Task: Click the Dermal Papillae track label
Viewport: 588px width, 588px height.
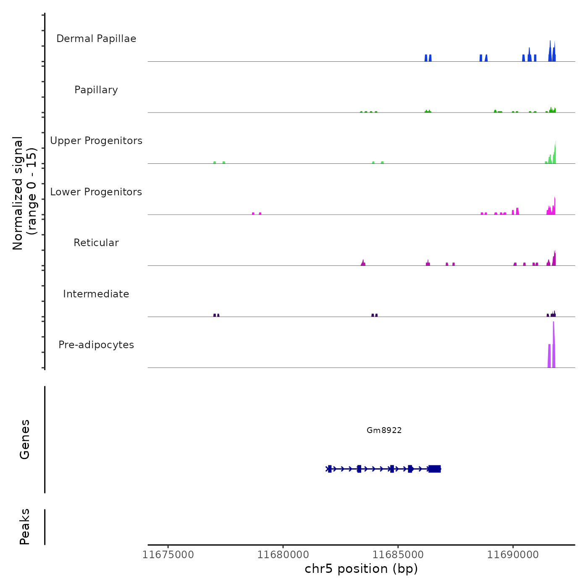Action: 96,39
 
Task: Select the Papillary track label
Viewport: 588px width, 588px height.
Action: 96,90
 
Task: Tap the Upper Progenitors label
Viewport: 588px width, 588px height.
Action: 96,141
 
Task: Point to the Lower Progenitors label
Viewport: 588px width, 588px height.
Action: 96,192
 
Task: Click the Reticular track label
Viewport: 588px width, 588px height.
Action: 96,243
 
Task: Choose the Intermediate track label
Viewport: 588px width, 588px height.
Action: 96,294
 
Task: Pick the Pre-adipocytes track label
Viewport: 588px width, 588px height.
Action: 96,345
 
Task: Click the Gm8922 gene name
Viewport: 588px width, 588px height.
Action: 384,430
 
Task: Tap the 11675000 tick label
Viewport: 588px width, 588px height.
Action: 168,555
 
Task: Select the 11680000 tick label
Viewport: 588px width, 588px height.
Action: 283,555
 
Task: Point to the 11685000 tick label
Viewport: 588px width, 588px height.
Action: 398,555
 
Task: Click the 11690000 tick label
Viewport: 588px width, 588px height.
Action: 513,555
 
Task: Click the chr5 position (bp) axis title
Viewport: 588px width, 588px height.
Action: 361,569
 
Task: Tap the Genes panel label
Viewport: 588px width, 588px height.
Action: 25,439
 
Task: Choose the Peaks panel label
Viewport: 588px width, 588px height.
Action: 25,526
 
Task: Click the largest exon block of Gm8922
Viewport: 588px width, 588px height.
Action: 435,469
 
